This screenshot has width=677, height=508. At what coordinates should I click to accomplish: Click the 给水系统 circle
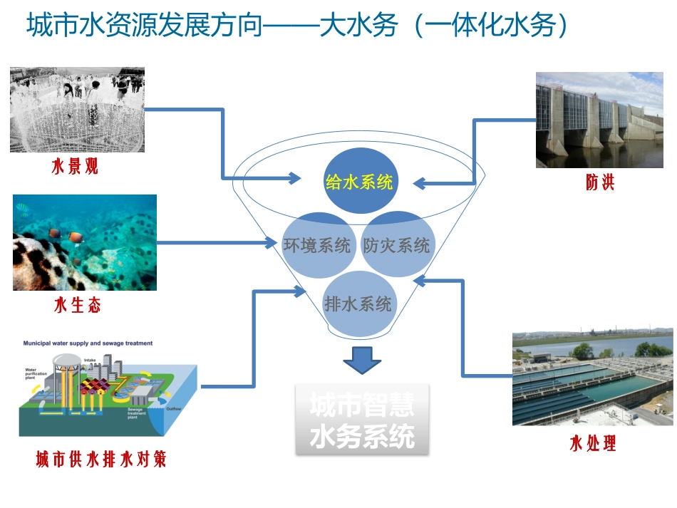pos(359,182)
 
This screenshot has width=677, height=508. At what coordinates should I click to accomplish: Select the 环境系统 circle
pos(316,245)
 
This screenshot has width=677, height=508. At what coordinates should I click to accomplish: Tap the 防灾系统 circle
pos(397,245)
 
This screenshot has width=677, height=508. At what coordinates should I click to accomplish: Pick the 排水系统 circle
pos(358,304)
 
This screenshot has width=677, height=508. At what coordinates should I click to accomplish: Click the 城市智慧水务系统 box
pos(363,420)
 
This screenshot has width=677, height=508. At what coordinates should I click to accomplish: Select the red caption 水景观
pos(75,167)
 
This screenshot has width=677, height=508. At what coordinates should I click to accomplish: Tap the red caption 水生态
pos(78,306)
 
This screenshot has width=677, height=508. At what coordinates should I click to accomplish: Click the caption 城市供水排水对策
pos(101,460)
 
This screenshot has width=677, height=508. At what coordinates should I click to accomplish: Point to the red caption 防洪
pos(600,182)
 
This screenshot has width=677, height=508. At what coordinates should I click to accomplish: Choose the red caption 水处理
pos(593,444)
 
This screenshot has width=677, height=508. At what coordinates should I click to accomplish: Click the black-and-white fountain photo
pos(77,109)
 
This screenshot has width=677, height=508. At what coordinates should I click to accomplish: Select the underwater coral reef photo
pos(85,242)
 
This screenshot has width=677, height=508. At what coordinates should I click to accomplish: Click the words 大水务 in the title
pos(350,26)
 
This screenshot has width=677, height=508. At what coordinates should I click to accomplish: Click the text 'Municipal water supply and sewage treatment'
pos(88,343)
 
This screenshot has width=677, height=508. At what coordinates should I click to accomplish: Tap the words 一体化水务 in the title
pos(493,26)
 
